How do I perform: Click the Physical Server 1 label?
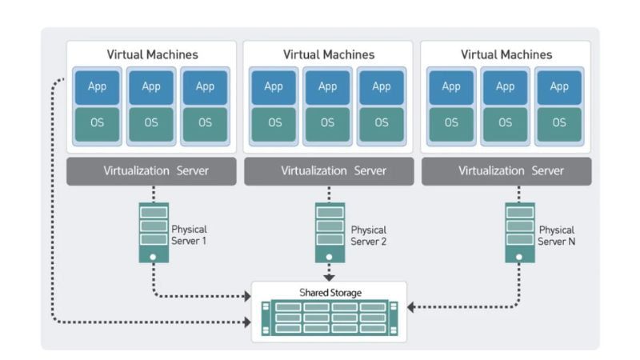[189, 234]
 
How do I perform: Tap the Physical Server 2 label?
[368, 234]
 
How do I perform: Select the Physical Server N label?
[557, 234]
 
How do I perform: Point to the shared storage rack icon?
[329, 318]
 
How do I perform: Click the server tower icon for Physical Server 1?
[154, 232]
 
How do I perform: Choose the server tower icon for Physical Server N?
[519, 232]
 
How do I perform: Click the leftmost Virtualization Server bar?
[151, 171]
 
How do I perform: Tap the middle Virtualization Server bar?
[328, 171]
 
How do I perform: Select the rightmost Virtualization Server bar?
[506, 171]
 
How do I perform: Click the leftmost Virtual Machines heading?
[152, 55]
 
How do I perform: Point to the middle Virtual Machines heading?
[328, 55]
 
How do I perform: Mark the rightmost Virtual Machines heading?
[506, 55]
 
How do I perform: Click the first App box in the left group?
[98, 86]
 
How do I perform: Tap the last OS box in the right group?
[559, 123]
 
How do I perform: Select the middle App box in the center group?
[328, 86]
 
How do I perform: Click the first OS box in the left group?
[98, 123]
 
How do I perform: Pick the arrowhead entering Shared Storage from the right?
[411, 306]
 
